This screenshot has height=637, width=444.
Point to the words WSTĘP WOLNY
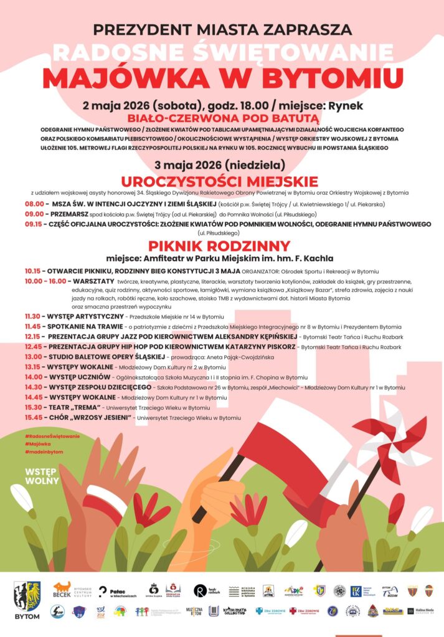(42, 476)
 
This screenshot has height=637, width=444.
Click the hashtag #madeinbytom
(44, 452)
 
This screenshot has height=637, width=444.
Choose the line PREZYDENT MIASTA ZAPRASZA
(222, 29)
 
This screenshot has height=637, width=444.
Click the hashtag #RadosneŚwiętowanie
(52, 436)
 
